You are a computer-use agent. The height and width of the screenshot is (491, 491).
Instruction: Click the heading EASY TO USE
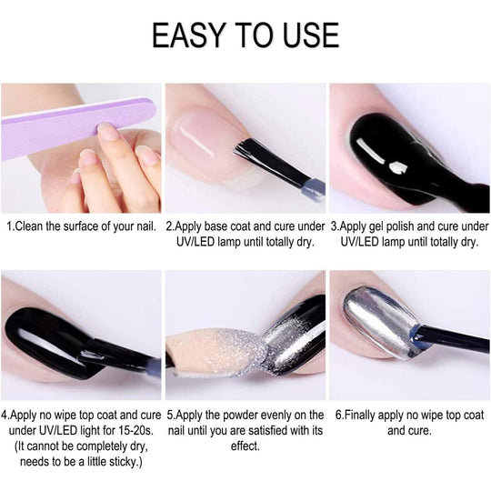pos(245,35)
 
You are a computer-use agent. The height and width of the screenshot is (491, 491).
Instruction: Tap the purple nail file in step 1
pos(78,127)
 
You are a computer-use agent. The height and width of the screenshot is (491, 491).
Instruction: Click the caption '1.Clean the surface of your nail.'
pos(82,226)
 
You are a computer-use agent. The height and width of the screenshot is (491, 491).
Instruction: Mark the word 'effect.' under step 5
pos(245,446)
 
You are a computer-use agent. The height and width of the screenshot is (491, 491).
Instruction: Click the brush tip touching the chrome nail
pos(418,336)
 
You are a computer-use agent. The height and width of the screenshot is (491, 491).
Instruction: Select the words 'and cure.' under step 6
pos(409,431)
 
